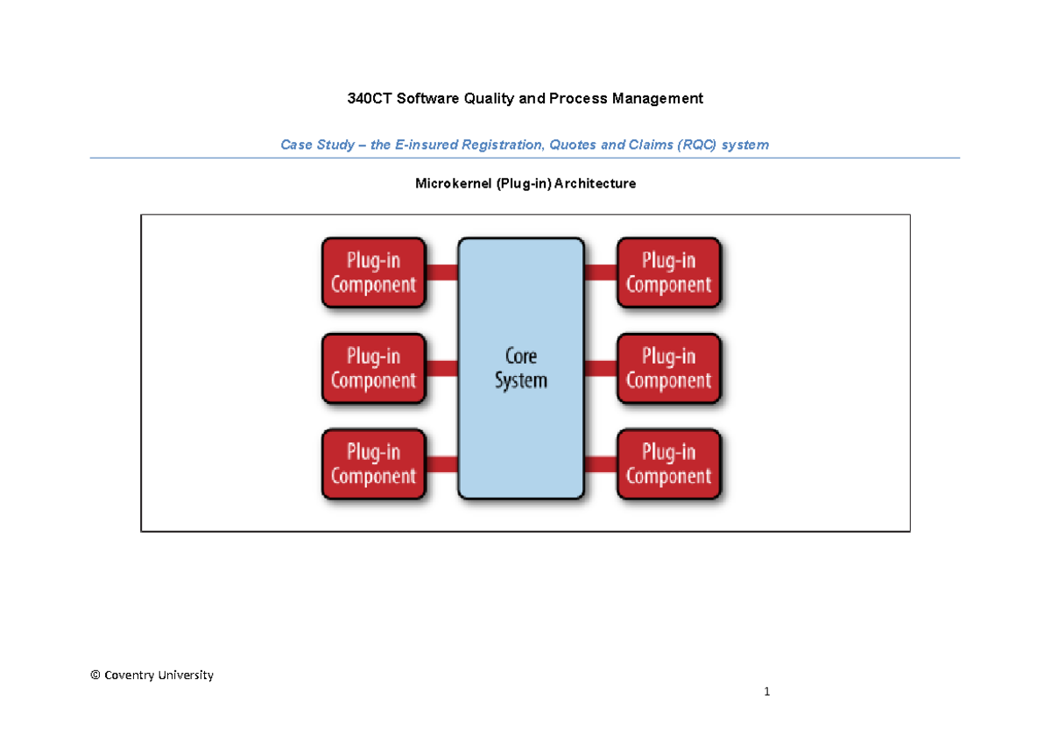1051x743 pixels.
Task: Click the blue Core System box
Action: click(520, 368)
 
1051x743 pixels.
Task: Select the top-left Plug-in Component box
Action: click(374, 272)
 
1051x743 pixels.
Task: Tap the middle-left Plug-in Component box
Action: click(374, 368)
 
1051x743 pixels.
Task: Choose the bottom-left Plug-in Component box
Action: click(374, 463)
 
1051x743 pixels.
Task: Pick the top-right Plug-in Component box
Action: click(669, 272)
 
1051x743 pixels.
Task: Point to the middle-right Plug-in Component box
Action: click(669, 368)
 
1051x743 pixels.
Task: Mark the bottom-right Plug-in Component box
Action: click(669, 463)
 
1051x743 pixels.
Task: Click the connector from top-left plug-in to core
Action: click(442, 272)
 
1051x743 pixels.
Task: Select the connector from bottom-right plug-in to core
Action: click(601, 463)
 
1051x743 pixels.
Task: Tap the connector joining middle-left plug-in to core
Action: click(442, 368)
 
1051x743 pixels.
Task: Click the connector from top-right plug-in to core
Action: click(601, 272)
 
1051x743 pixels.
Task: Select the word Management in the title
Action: click(660, 99)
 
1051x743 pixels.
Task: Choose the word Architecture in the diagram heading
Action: click(599, 184)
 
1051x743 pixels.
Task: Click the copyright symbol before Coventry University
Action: click(95, 676)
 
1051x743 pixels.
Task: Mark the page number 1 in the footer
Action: click(767, 692)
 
